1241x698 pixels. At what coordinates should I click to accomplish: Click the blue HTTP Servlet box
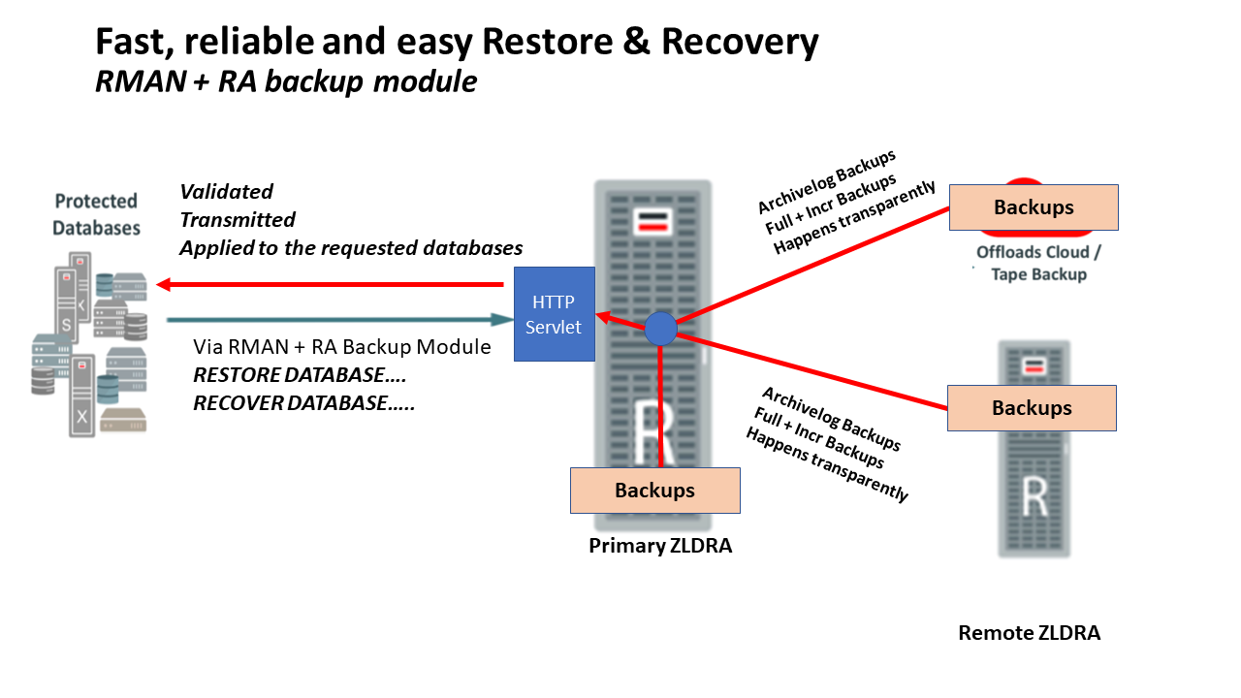pos(554,313)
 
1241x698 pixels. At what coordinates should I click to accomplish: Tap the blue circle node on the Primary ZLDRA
pos(660,329)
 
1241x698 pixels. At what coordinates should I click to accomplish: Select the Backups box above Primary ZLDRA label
pos(654,491)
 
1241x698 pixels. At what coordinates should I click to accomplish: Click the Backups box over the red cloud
pos(1034,207)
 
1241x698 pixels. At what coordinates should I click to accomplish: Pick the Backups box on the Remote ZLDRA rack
pos(1032,408)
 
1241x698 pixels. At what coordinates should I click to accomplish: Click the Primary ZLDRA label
pos(660,546)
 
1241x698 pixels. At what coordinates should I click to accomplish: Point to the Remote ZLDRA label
pos(1029,633)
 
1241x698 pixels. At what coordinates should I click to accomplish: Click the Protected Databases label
pos(96,214)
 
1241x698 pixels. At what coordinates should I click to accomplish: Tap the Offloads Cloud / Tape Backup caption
pos(1038,263)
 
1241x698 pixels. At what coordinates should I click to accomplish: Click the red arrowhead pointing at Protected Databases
pos(164,285)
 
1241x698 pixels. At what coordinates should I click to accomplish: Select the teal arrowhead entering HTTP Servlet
pos(505,319)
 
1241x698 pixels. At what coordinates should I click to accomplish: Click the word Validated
pos(226,192)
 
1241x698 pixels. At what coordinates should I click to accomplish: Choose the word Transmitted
pos(238,220)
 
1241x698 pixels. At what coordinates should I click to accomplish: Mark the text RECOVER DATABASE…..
pos(303,403)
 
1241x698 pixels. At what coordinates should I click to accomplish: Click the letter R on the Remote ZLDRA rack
pos(1034,497)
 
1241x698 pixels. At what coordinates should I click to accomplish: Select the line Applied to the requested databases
pos(351,248)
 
